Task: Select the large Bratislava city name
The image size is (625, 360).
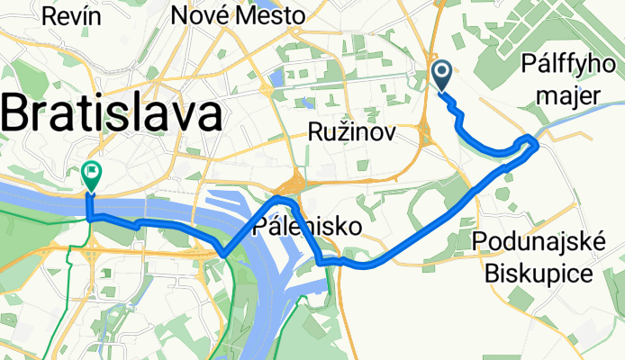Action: (x=112, y=115)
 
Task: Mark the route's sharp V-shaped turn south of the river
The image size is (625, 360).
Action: (x=223, y=253)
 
